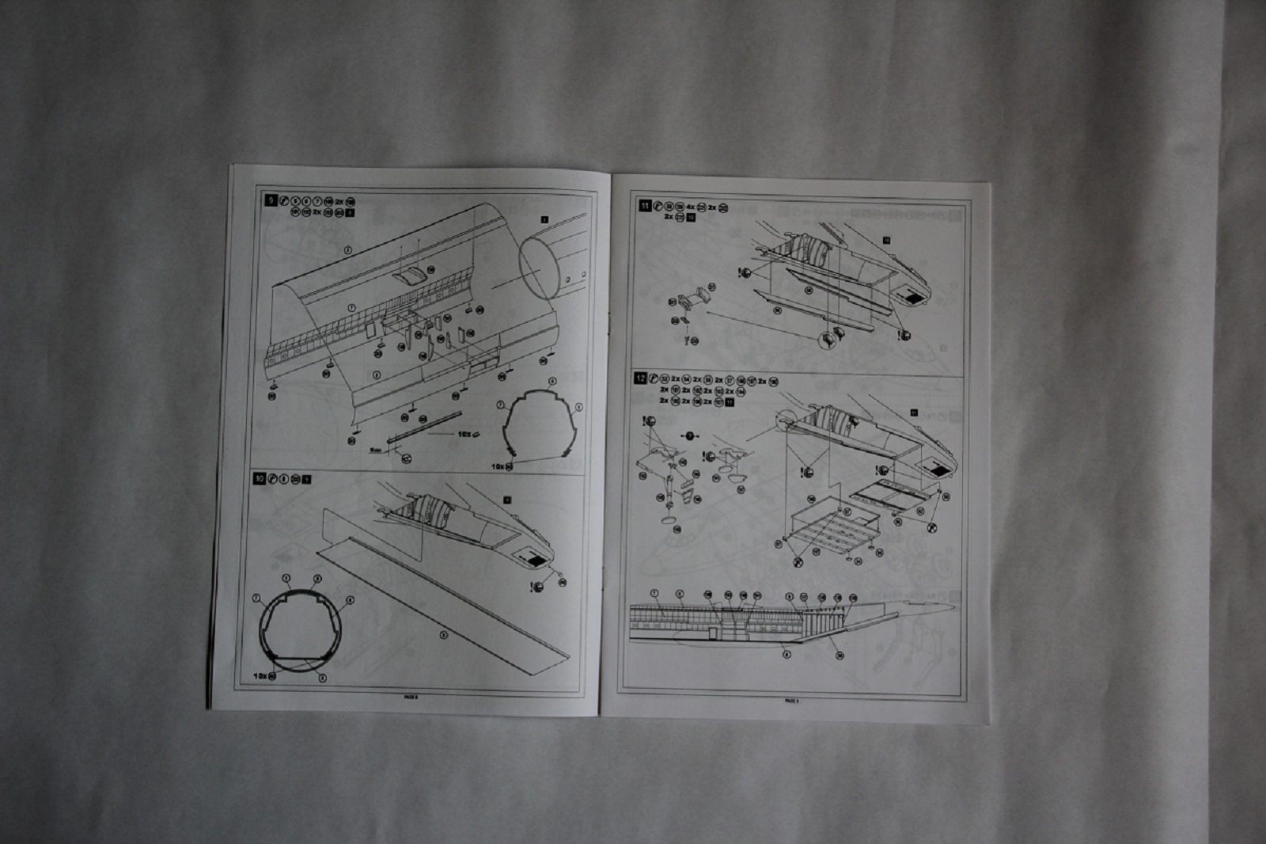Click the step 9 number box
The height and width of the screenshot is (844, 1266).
271,201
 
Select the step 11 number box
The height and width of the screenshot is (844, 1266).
645,206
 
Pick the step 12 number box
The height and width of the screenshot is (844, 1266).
640,378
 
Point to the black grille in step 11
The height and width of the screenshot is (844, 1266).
913,299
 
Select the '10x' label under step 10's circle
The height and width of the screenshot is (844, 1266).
260,676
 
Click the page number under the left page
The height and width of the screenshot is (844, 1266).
411,697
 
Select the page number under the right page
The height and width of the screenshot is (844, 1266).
791,700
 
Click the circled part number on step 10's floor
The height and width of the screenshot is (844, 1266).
443,634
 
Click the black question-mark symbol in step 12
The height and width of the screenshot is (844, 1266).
689,435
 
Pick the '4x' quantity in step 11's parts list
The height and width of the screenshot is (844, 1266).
690,207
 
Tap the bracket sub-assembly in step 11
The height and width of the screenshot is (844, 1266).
694,299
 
